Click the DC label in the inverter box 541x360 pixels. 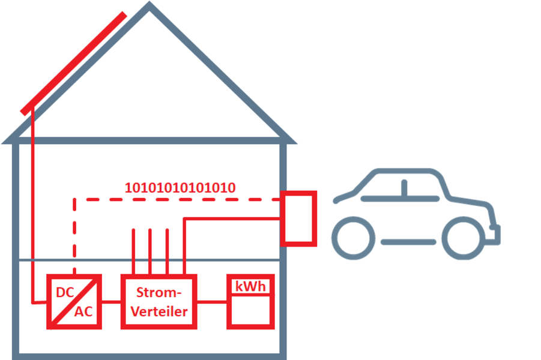tap(65, 292)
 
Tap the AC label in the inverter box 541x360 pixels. tap(83, 312)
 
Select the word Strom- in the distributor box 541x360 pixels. tap(159, 292)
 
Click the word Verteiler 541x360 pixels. tap(159, 312)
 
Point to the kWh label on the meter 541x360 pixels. tap(250, 287)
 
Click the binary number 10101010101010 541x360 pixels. tap(180, 188)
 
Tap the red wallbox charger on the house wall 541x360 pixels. tap(298, 218)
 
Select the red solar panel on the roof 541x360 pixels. tap(73, 64)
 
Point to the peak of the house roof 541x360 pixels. tap(149, 4)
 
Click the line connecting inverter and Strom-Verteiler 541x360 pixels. tap(111, 302)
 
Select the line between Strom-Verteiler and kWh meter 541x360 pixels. tap(212, 302)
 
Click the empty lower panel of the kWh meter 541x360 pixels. tap(250, 310)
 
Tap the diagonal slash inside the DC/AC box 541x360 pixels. tap(74, 302)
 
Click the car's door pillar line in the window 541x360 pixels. tap(404, 188)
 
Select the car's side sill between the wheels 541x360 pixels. tap(408, 242)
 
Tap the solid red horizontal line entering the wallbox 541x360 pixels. tap(232, 218)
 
